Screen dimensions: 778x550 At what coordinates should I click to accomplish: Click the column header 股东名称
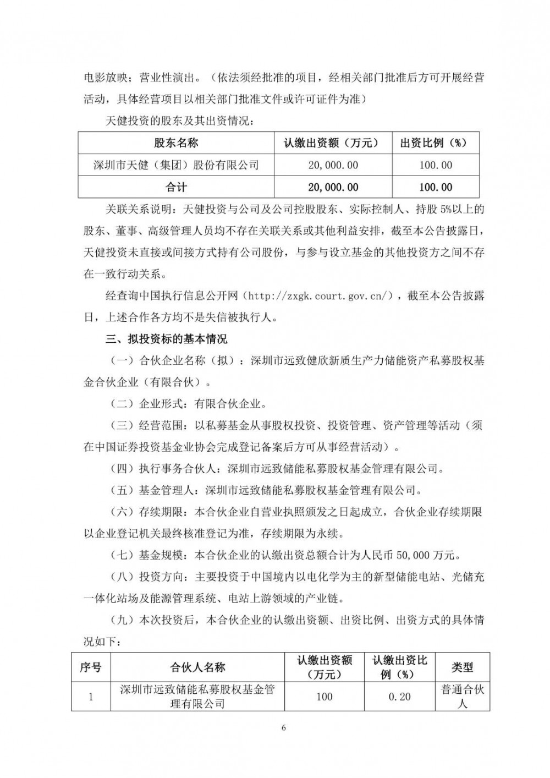(x=176, y=143)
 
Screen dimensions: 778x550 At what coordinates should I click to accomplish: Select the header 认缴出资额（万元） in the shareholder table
(x=332, y=143)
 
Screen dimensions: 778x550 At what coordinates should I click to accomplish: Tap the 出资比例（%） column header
(x=435, y=143)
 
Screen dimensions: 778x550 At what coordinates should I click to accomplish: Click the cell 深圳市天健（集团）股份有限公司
(x=176, y=165)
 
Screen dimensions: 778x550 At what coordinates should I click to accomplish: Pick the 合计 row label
(x=176, y=187)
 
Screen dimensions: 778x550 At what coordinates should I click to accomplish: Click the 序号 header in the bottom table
(x=91, y=667)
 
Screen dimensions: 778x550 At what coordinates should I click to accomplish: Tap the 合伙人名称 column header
(x=197, y=667)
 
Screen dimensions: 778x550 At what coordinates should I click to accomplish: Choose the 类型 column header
(x=462, y=667)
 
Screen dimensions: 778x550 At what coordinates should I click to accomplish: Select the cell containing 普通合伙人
(x=462, y=697)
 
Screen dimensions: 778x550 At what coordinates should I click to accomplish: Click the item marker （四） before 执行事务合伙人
(x=123, y=469)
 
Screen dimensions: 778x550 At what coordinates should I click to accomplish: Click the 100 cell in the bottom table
(x=324, y=697)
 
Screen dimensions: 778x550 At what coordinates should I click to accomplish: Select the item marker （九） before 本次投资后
(x=123, y=620)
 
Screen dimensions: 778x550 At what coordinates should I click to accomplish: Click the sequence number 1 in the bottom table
(x=91, y=697)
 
